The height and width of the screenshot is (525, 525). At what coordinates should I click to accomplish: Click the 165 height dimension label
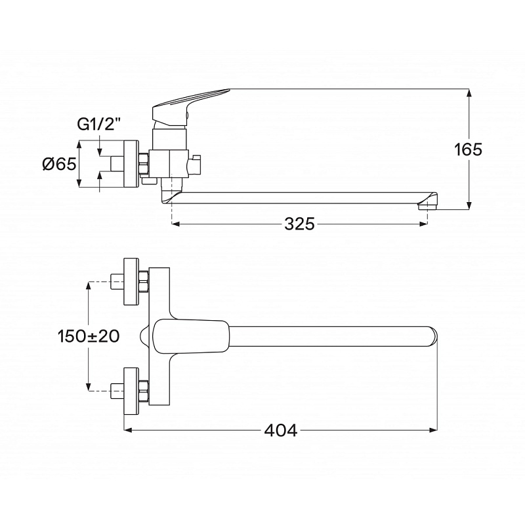(x=468, y=150)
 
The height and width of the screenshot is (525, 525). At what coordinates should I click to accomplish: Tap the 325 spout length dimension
(x=300, y=224)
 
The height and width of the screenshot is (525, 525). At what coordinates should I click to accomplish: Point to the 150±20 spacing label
(x=89, y=336)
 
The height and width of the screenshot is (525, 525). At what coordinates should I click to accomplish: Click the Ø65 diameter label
(x=59, y=164)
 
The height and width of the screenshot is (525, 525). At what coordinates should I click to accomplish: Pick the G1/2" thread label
(x=98, y=125)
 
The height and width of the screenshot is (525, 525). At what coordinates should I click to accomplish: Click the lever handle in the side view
(x=188, y=107)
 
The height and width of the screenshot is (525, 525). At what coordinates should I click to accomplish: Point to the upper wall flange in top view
(x=131, y=282)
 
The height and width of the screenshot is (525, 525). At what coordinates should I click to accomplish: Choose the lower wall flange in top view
(x=131, y=391)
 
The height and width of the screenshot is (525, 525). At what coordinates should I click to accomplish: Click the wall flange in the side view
(x=131, y=164)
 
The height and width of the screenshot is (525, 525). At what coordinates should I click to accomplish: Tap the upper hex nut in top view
(x=144, y=282)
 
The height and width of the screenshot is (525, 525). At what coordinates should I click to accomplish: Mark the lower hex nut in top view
(x=144, y=390)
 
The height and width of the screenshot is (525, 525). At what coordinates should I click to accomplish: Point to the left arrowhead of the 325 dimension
(x=176, y=224)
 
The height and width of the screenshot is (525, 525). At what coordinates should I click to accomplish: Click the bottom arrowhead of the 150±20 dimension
(x=89, y=387)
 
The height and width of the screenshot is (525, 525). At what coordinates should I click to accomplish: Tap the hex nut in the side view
(x=144, y=164)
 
